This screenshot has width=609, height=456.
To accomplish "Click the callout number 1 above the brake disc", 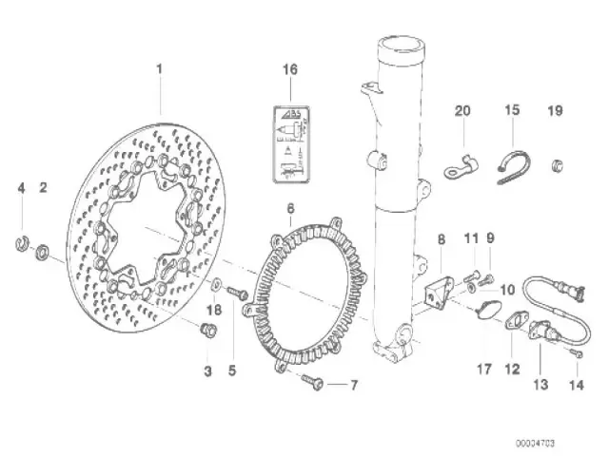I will [x=160, y=69].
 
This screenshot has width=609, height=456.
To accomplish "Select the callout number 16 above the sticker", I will [x=290, y=69].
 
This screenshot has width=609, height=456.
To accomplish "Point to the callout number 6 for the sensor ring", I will [x=290, y=207].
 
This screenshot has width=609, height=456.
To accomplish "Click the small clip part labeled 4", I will [x=22, y=249].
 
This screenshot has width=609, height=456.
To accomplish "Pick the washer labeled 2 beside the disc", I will [x=43, y=254].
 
